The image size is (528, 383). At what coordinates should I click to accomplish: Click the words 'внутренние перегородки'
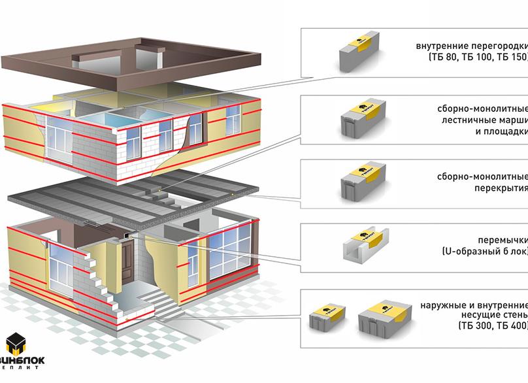(x=471, y=46)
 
